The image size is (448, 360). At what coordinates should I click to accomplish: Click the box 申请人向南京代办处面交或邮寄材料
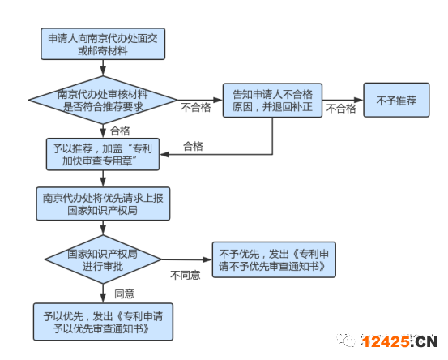tap(103, 44)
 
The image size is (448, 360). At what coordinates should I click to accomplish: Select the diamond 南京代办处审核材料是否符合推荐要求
tap(103, 100)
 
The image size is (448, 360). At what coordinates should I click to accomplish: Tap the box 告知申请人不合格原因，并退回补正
tap(272, 101)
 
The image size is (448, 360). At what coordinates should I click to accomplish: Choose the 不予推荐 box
tap(396, 100)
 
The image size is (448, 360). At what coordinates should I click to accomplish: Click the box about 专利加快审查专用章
tap(103, 154)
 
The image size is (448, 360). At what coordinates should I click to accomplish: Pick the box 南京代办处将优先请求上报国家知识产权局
tap(103, 204)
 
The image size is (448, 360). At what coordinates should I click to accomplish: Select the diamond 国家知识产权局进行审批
tap(103, 259)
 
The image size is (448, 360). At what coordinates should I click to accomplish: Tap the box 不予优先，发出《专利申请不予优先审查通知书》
tap(274, 259)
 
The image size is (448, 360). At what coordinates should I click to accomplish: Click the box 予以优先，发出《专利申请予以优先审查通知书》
tap(103, 322)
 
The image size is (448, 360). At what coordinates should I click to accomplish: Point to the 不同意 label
tap(186, 275)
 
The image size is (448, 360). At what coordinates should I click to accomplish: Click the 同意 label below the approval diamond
tap(124, 294)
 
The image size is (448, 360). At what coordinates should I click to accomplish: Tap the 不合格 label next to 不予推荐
tap(341, 109)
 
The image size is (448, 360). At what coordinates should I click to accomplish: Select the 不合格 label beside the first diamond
tap(196, 107)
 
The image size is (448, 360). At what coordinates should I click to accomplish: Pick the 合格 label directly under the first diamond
tap(120, 131)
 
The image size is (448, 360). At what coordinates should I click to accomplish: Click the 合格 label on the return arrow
tap(193, 146)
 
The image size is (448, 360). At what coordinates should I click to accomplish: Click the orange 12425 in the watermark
tap(385, 341)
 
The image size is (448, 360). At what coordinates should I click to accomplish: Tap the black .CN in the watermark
tap(425, 341)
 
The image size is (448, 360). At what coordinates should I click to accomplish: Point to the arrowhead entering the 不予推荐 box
tap(359, 100)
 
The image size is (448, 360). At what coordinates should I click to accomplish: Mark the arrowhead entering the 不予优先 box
tap(207, 259)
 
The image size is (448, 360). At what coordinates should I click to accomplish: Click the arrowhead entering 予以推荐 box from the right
tap(164, 154)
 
